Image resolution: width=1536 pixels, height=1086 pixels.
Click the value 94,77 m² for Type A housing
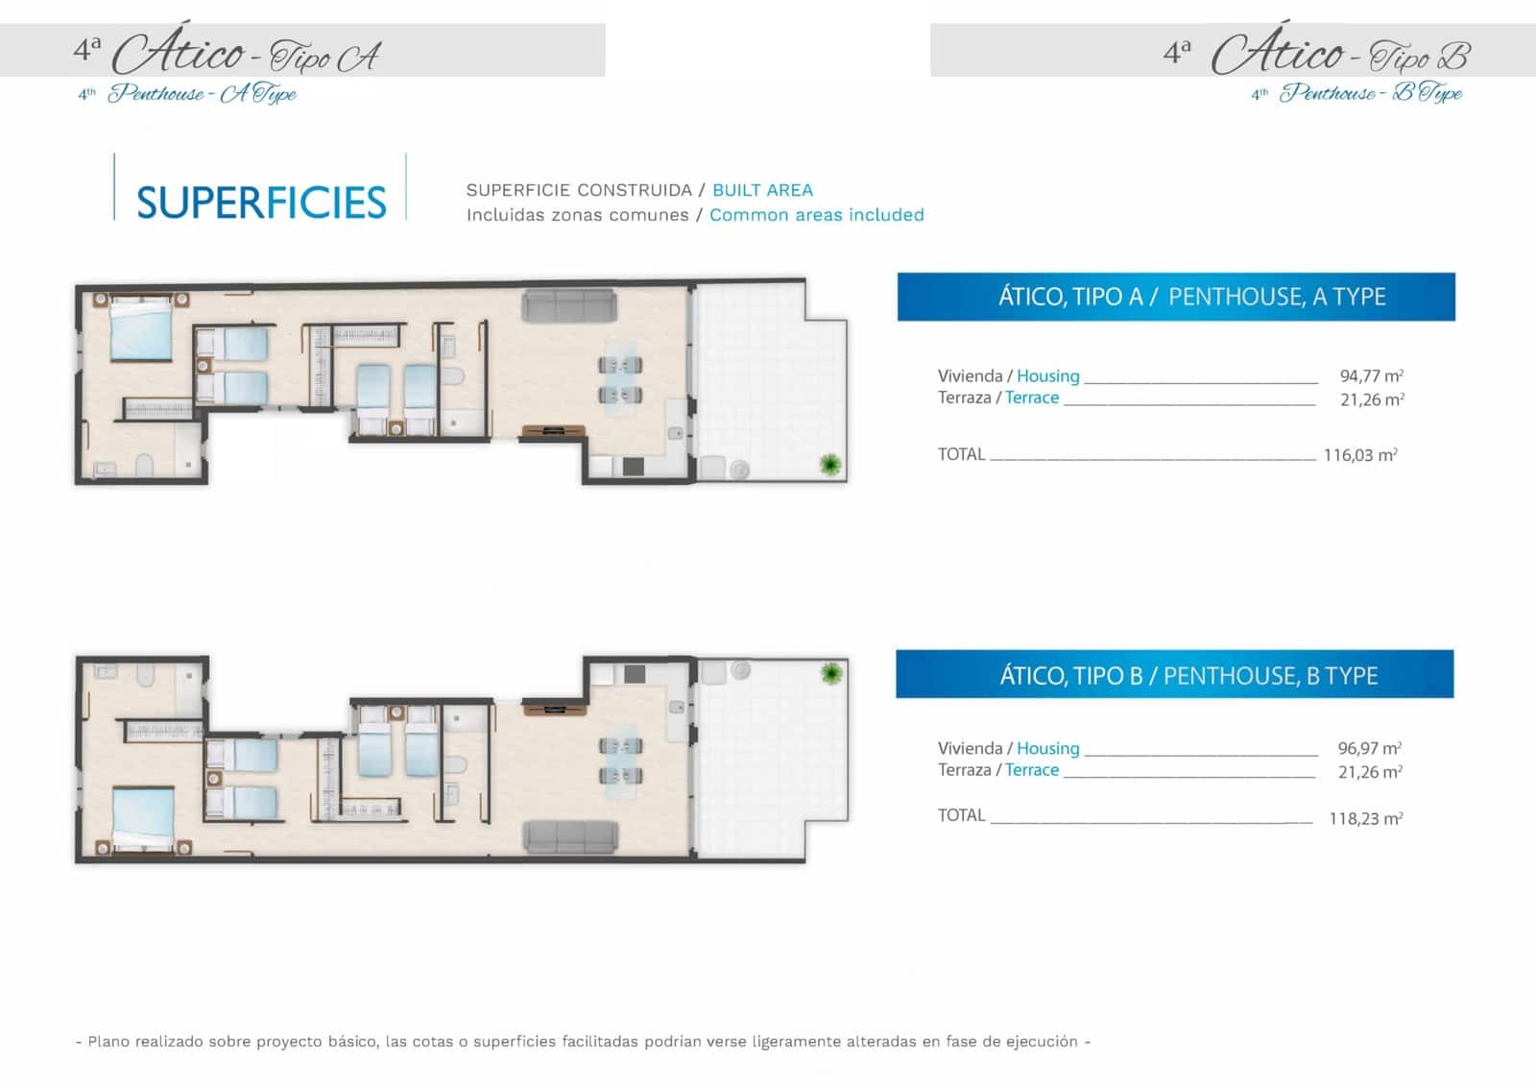(1371, 375)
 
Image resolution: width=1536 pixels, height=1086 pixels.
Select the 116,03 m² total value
(1359, 455)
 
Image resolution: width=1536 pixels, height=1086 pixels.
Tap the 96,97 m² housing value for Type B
(1369, 748)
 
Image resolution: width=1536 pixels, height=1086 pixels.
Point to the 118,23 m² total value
(1365, 819)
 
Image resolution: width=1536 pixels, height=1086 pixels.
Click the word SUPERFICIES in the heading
(261, 203)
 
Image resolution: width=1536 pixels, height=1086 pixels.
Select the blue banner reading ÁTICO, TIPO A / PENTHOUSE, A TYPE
(1175, 297)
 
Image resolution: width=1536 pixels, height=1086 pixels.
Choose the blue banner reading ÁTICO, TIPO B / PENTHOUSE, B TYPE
(1174, 675)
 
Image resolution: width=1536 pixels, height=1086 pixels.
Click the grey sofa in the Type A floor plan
(569, 307)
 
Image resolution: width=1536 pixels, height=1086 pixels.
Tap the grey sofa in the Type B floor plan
(570, 836)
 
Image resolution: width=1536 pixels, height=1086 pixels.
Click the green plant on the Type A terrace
(829, 466)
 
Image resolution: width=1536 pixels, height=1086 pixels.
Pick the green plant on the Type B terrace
(831, 673)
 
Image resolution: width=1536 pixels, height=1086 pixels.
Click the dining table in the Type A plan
(620, 379)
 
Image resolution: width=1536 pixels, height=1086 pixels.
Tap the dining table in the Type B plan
(620, 759)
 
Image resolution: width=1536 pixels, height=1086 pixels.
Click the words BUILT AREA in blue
(762, 190)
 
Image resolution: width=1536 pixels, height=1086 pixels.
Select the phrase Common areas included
(816, 215)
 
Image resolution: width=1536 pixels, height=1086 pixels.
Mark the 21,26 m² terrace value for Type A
(1371, 399)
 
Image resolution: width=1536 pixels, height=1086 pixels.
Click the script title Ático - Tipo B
(1338, 54)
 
